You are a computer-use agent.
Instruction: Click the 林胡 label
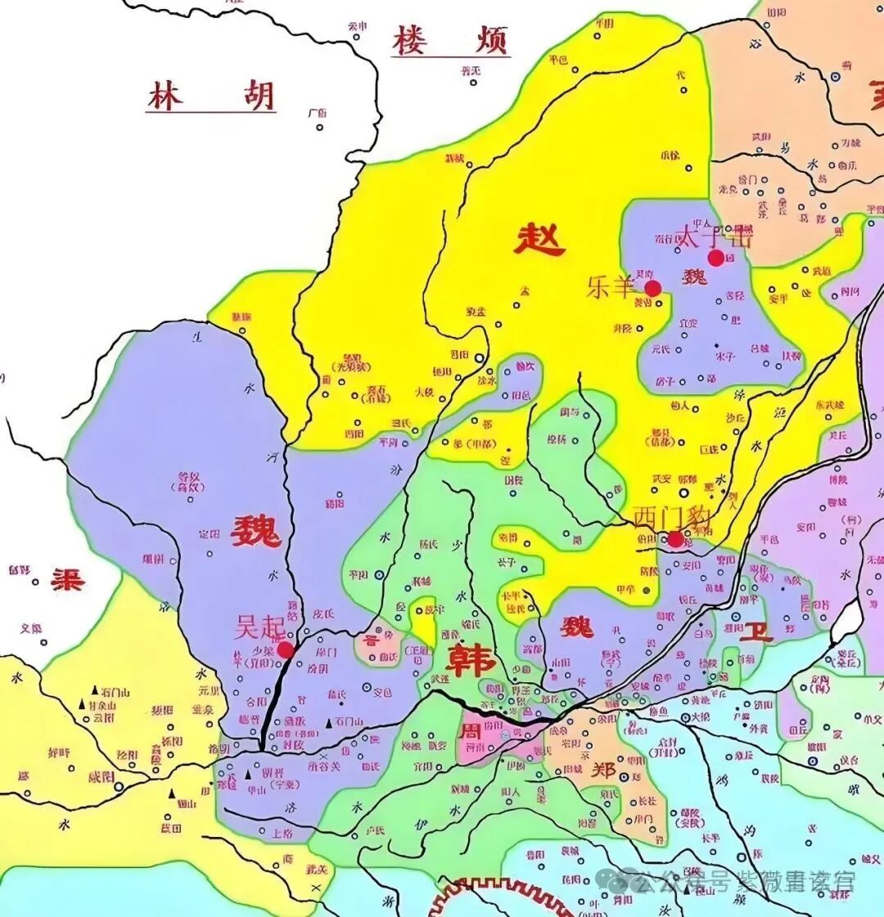[211, 97]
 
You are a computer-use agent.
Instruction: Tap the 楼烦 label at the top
[450, 41]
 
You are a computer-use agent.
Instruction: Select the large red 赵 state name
[539, 240]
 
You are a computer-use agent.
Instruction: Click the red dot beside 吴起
[286, 650]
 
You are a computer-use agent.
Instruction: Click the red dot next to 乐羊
[652, 288]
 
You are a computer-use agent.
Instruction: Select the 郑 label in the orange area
[602, 771]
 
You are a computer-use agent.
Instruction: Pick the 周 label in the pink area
[472, 730]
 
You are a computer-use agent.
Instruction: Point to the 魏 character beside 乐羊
[694, 276]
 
